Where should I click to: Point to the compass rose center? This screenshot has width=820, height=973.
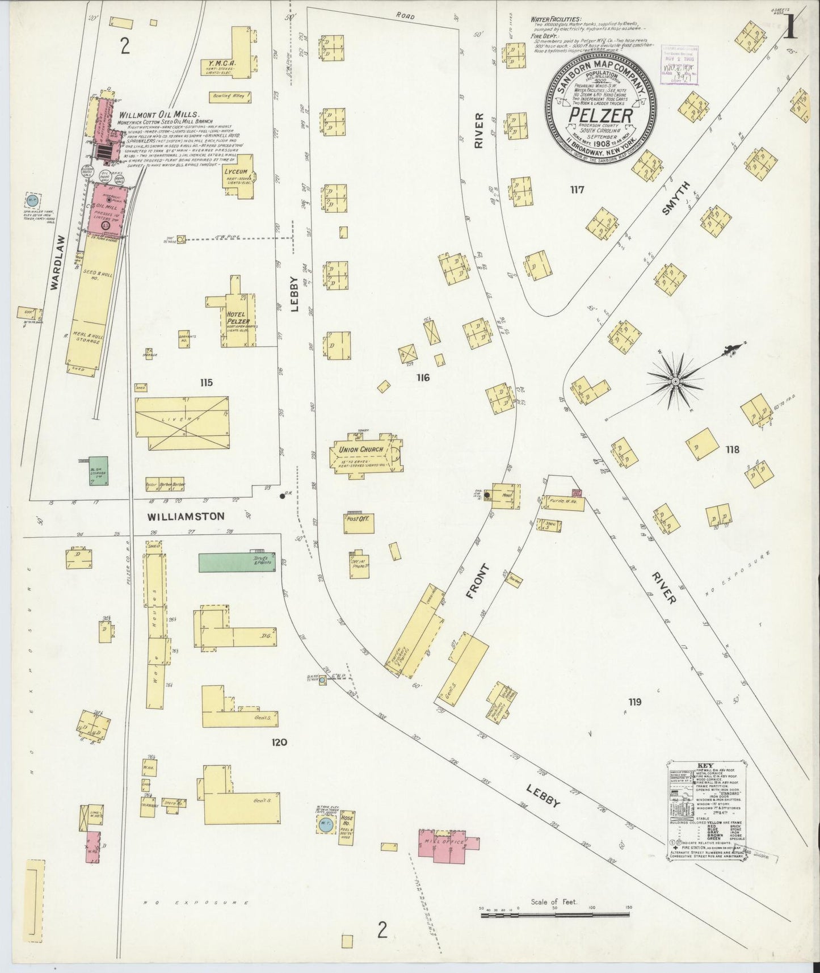(x=675, y=381)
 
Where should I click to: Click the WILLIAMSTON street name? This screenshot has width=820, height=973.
(x=186, y=517)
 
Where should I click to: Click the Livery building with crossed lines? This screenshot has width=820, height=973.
(x=182, y=423)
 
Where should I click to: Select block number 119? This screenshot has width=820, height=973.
(x=634, y=702)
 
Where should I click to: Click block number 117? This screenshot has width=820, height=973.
(x=577, y=190)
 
